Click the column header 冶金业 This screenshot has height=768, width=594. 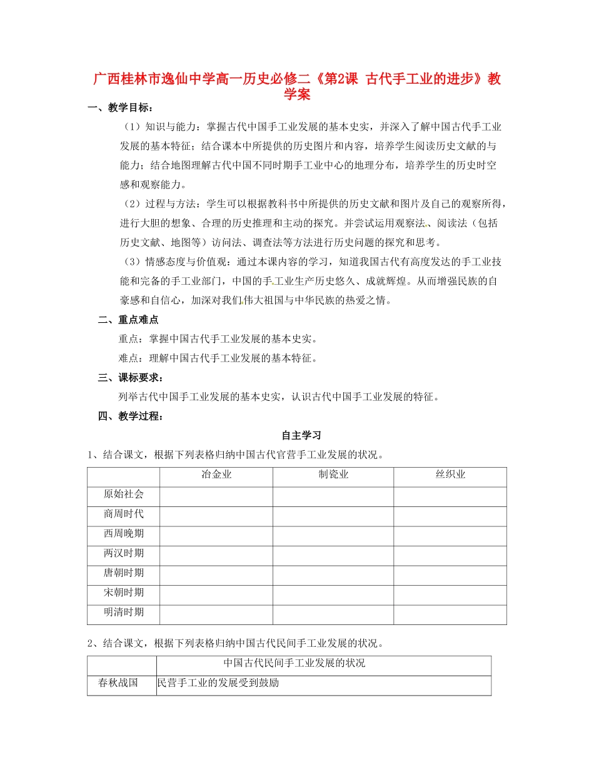tap(216, 475)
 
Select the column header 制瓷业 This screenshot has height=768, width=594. tap(333, 475)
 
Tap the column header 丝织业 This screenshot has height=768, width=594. tap(450, 475)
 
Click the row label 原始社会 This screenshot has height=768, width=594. tap(124, 494)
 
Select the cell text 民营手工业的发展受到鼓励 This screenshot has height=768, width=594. tap(218, 683)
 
